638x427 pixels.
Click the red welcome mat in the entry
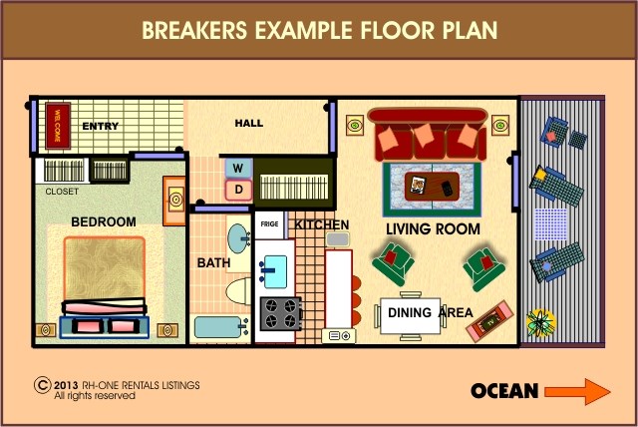point(58,126)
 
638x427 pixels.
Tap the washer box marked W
point(238,169)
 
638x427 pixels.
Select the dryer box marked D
point(239,190)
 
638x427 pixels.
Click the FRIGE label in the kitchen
point(269,223)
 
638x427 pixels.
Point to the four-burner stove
point(281,313)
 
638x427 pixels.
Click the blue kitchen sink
point(274,271)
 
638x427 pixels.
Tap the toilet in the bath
point(239,290)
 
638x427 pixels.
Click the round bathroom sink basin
point(238,238)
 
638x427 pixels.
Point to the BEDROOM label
point(104,221)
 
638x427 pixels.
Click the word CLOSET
point(62,192)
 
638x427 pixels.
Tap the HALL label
point(249,123)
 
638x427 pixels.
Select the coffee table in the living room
point(432,187)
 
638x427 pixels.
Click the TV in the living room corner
point(489,321)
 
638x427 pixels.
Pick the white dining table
point(410,316)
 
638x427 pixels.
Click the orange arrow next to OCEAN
point(577,392)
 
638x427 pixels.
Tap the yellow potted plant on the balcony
point(540,323)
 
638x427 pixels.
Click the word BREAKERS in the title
point(194,30)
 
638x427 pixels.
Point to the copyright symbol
point(42,385)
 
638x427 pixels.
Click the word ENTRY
point(100,126)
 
